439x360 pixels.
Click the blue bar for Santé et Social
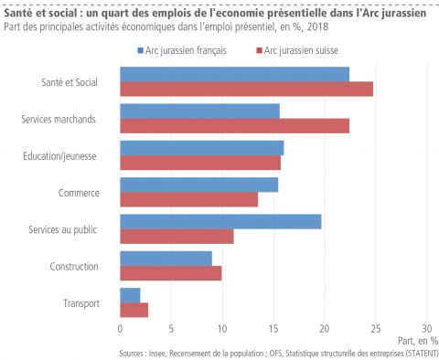click(234, 74)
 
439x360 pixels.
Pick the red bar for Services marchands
click(234, 126)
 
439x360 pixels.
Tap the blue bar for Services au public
click(220, 221)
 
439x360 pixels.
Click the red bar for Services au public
click(177, 237)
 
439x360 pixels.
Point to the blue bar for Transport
click(130, 295)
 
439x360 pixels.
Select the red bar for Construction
click(170, 273)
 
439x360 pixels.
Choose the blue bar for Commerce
click(198, 185)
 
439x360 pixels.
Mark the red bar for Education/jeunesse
click(200, 163)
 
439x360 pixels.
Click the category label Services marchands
click(59, 119)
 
